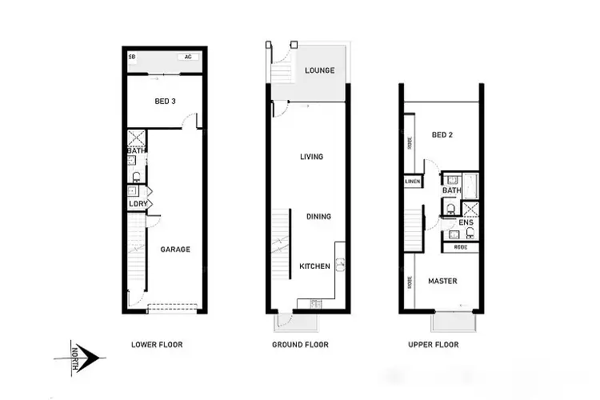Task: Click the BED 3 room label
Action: point(164,101)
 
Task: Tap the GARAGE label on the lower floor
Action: point(175,250)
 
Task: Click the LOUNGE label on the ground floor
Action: point(319,70)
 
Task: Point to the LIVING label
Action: point(311,157)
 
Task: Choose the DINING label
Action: point(318,216)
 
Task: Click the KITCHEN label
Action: point(314,266)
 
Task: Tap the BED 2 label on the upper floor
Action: point(442,135)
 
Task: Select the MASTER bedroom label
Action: point(442,281)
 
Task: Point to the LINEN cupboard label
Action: point(413,182)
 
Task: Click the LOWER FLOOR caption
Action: point(157,345)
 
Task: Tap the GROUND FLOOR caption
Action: point(301,345)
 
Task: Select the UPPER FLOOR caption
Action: point(434,345)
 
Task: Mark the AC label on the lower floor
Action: point(188,58)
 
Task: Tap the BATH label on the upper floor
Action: point(452,190)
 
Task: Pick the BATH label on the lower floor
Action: point(135,150)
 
